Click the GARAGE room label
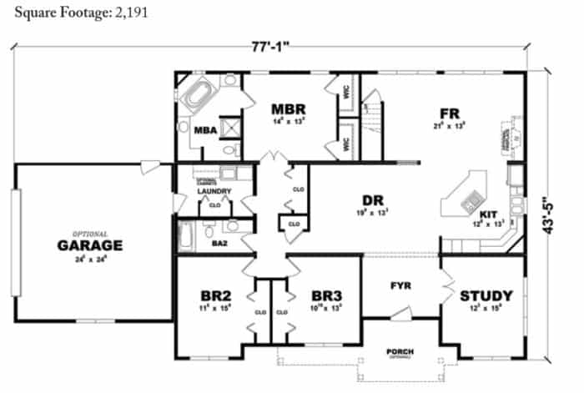[90, 245]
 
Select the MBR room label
[289, 109]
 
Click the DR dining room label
[372, 200]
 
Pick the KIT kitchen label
[489, 214]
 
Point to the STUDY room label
[486, 295]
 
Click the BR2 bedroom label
[215, 295]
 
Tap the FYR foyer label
[401, 286]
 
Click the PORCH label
[400, 351]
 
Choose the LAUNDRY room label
[214, 191]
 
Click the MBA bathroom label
[205, 130]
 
